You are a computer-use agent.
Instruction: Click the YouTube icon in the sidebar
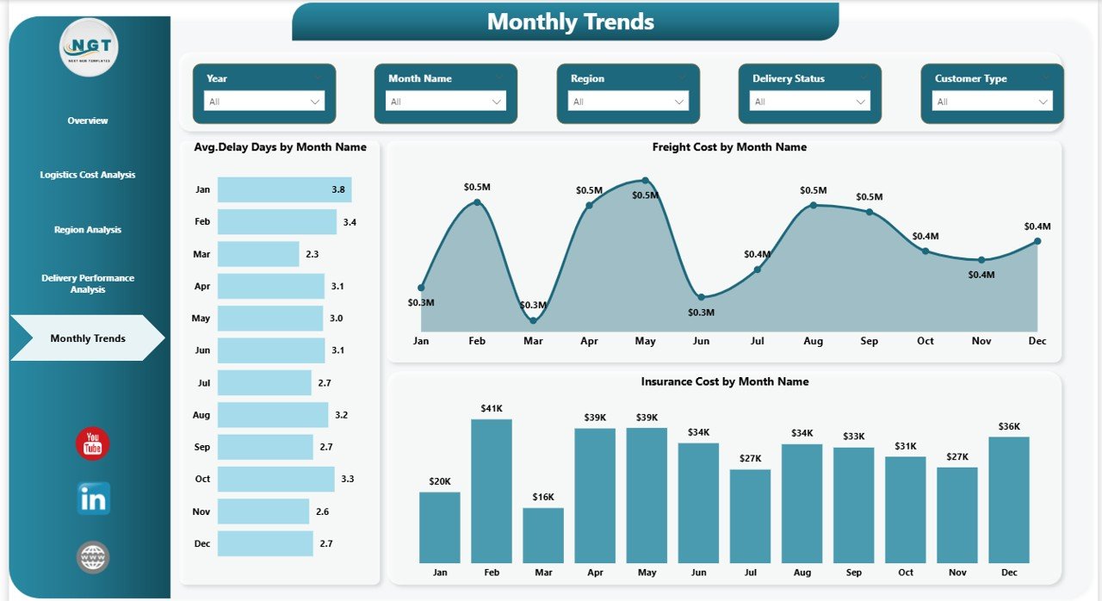coord(92,443)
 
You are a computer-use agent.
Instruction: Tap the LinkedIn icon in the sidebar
coord(93,499)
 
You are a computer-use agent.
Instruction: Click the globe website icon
coord(92,557)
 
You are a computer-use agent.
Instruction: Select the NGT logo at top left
coord(89,48)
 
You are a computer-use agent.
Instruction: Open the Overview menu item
coord(88,121)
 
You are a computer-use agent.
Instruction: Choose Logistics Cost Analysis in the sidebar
coord(88,175)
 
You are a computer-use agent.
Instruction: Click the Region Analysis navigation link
coord(88,230)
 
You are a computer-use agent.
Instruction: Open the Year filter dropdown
coord(264,102)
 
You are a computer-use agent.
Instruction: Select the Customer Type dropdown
coord(992,102)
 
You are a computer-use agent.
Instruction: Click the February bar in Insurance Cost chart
coord(492,491)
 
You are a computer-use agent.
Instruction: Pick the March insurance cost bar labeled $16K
coord(543,535)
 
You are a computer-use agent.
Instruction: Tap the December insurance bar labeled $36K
coord(1009,499)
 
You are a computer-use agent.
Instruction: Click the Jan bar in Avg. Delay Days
coord(284,189)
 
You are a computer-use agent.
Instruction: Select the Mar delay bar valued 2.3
coord(258,254)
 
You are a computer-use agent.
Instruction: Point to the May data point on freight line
coord(645,181)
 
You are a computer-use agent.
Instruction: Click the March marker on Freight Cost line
coord(533,320)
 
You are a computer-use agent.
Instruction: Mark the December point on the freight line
coord(1037,241)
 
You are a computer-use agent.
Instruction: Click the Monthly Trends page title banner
coord(566,22)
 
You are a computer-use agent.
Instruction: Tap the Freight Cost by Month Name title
coord(729,147)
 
